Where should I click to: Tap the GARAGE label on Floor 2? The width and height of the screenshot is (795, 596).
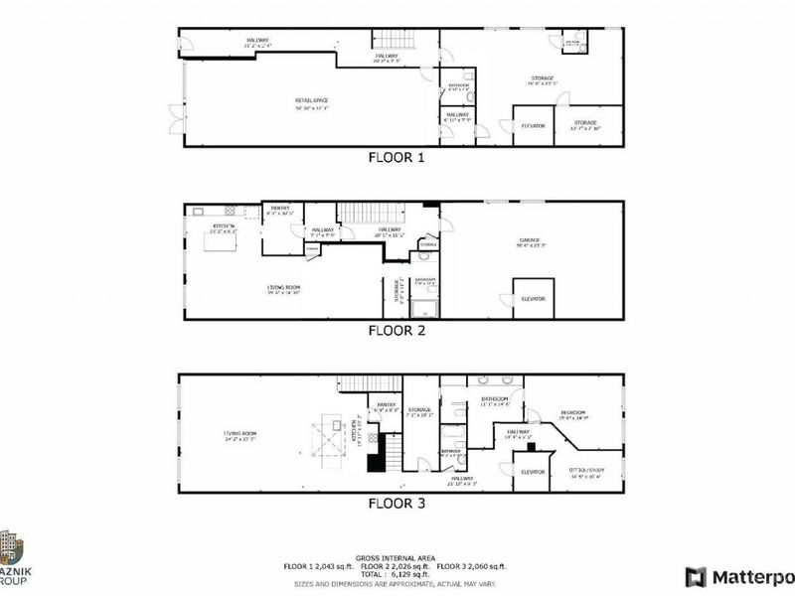(x=528, y=240)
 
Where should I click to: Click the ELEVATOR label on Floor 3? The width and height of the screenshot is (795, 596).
(x=533, y=472)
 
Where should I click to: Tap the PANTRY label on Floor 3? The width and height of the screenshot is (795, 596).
(x=384, y=405)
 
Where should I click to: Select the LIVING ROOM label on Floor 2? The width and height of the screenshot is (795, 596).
(x=283, y=288)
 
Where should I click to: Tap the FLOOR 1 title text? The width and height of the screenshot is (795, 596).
(x=397, y=157)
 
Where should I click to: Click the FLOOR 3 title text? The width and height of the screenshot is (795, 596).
(x=397, y=504)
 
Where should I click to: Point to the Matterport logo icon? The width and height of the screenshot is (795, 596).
(x=696, y=576)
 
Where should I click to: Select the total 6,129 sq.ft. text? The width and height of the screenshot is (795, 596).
(x=397, y=574)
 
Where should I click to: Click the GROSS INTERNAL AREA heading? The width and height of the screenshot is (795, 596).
(x=397, y=558)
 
